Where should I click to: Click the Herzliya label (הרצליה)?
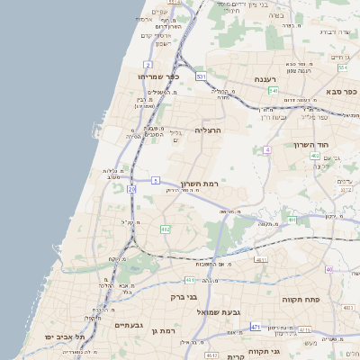click(x=208, y=130)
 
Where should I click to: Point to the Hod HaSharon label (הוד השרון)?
click(x=312, y=144)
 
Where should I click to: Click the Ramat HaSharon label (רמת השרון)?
click(x=201, y=183)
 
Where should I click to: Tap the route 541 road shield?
click(x=273, y=90)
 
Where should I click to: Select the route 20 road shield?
click(x=131, y=189)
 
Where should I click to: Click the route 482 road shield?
click(x=166, y=229)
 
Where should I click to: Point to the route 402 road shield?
click(x=315, y=156)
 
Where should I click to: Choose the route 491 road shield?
click(x=292, y=219)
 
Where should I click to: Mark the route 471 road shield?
click(x=256, y=327)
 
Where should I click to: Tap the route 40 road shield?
click(x=329, y=269)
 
